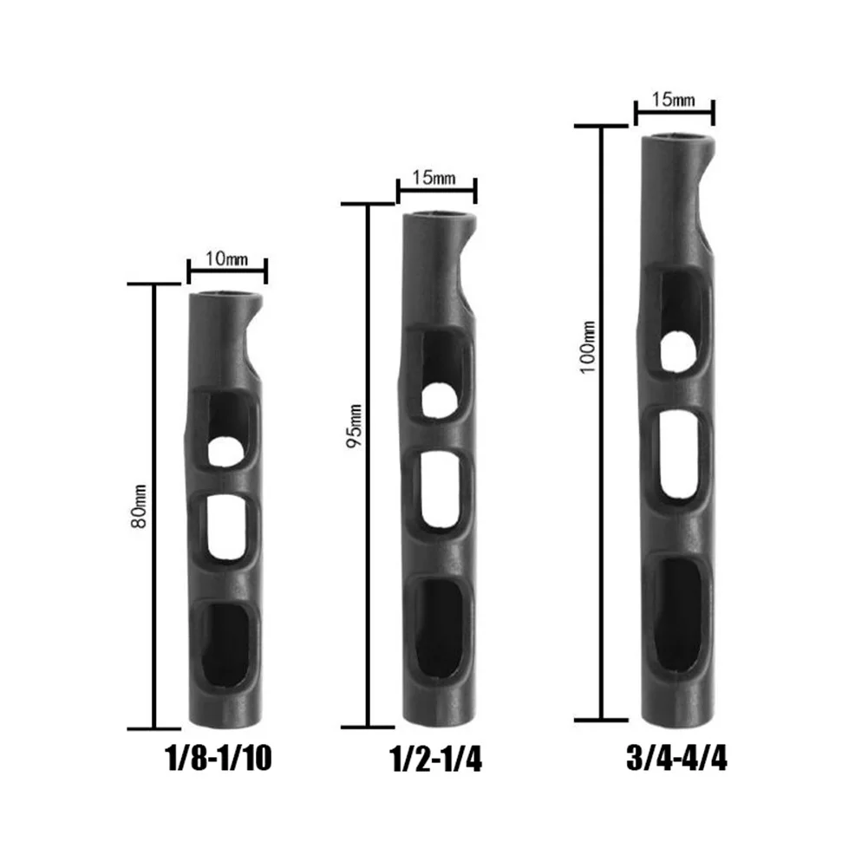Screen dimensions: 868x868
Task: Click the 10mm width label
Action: coord(227,258)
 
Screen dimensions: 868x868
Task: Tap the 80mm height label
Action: coord(139,506)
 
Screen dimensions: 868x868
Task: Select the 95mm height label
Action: coord(354,427)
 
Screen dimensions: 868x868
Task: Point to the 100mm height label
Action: coord(588,347)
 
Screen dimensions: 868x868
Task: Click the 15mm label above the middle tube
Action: coord(434,178)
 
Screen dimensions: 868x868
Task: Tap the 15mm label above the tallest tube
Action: coord(673,100)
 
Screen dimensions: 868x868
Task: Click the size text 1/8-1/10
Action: coord(219,759)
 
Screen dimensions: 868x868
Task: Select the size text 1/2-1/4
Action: coord(436,759)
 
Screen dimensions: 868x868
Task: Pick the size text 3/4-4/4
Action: coord(676,758)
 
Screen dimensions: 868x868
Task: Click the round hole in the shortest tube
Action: coord(225,451)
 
